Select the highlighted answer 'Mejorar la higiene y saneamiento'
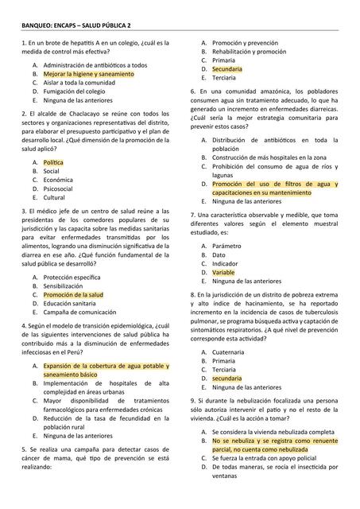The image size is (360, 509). click(88, 73)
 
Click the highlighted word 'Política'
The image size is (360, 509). click(53, 162)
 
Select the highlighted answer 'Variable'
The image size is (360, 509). click(223, 273)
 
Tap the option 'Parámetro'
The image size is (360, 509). click(226, 246)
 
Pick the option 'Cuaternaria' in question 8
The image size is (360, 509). click(228, 352)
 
